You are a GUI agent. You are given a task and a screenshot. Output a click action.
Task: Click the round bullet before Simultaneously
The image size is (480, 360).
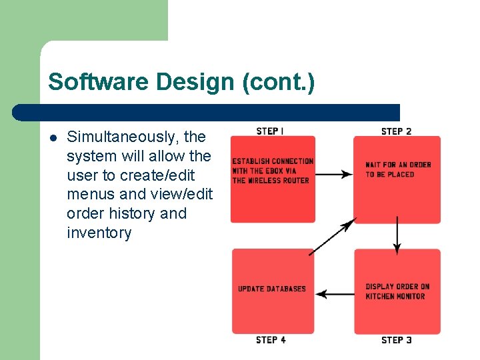point(53,138)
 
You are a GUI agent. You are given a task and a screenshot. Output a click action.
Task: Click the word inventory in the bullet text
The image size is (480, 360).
point(99,233)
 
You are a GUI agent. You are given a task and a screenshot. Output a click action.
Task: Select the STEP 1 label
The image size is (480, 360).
point(270,131)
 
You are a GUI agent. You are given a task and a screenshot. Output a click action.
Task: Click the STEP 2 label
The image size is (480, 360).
point(396,131)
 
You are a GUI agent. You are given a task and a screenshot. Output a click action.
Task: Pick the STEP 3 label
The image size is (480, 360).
point(396,340)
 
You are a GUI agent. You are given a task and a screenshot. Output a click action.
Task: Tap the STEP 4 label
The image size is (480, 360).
point(271,340)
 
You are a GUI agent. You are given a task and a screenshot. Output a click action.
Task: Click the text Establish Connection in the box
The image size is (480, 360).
point(273,161)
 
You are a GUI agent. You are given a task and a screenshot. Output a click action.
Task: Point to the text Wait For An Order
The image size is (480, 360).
point(398,165)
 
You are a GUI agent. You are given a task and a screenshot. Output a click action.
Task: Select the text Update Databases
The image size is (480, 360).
point(272,289)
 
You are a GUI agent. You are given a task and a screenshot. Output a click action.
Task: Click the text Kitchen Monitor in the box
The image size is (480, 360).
point(395,296)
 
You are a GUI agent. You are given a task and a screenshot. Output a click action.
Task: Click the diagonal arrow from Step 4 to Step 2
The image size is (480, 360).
point(332,236)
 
